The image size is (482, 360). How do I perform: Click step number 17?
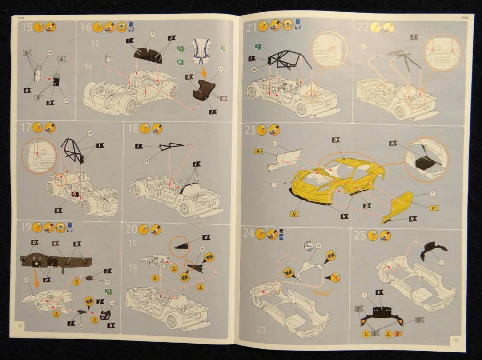click(26, 128)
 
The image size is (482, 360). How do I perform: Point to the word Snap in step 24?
click(321, 292)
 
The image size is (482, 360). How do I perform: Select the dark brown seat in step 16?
click(203, 90)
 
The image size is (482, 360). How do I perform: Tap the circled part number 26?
click(153, 34)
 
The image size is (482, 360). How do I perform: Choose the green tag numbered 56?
click(180, 62)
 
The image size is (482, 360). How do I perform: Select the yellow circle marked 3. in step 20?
click(201, 287)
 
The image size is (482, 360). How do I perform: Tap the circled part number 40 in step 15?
click(66, 100)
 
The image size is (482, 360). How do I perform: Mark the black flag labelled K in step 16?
click(189, 76)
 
